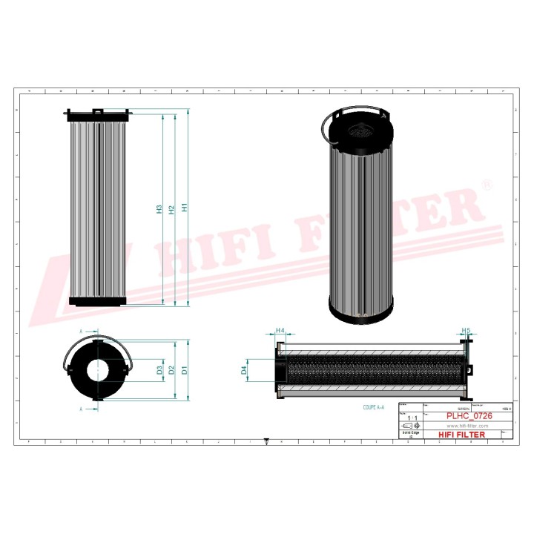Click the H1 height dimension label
click(185, 208)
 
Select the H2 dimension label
click(171, 209)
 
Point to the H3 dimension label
click(159, 209)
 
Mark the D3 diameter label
click(159, 369)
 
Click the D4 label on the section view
click(244, 369)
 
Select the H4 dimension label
click(280, 330)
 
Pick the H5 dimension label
click(466, 330)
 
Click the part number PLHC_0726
click(469, 418)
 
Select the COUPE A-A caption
click(374, 408)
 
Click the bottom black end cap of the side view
click(98, 300)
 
